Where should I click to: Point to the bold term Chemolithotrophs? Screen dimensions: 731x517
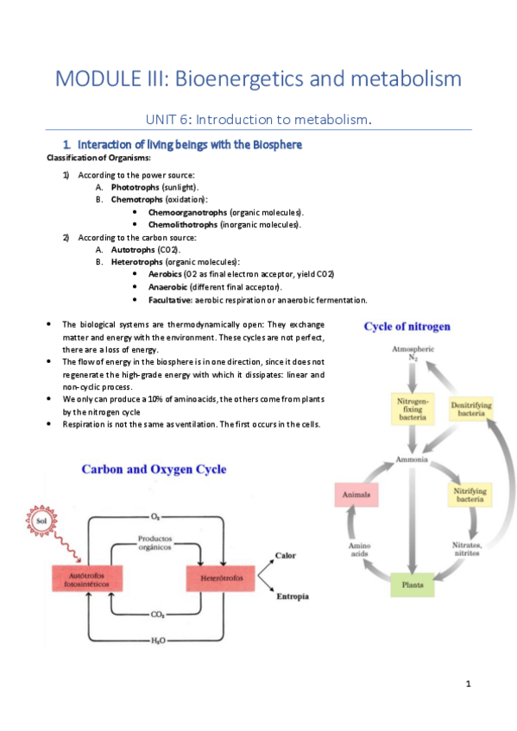(187, 224)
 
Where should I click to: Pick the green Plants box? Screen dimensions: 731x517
(413, 584)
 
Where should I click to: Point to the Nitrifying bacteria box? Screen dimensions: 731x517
(474, 495)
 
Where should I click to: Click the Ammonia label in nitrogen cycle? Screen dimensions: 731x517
(413, 459)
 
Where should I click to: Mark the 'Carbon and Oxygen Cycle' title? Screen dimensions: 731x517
(154, 470)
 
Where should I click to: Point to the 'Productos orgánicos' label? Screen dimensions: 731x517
(155, 543)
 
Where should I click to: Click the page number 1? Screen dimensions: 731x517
(467, 684)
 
